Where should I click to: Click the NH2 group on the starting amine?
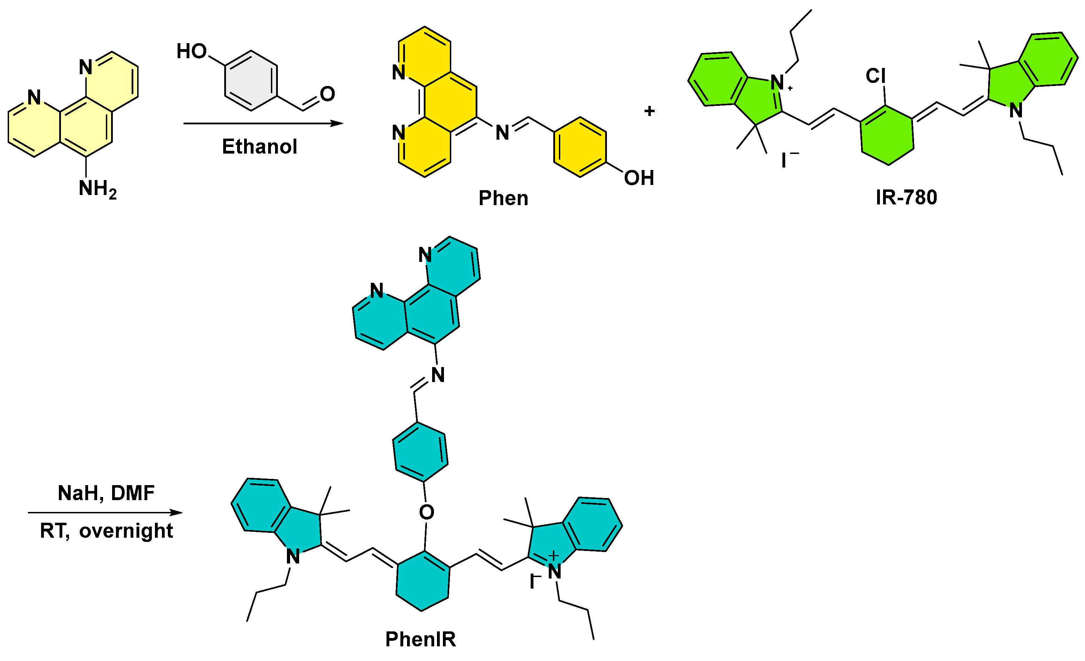[x=97, y=189]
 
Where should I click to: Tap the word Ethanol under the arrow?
[x=259, y=147]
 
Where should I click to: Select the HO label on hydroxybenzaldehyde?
[x=192, y=52]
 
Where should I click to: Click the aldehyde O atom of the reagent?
[x=327, y=94]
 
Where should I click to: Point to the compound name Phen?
[x=503, y=198]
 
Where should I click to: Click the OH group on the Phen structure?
[x=639, y=178]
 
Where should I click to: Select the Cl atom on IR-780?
[x=875, y=76]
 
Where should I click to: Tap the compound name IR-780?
[x=906, y=197]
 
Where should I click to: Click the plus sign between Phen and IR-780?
[x=649, y=111]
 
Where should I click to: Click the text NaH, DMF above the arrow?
[x=106, y=493]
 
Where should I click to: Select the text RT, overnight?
[x=106, y=531]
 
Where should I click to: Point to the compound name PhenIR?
[x=421, y=639]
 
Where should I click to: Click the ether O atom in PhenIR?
[x=426, y=512]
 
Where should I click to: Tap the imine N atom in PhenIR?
[x=438, y=375]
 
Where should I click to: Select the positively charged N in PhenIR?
[x=554, y=571]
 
